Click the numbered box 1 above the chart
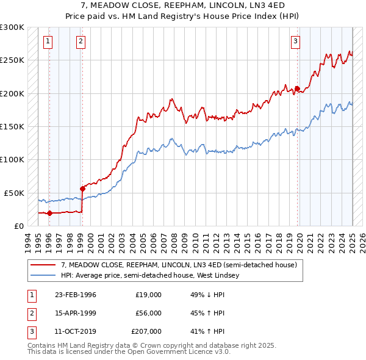click(x=48, y=41)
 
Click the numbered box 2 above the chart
click(x=81, y=41)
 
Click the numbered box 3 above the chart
click(x=295, y=41)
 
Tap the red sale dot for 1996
click(x=49, y=213)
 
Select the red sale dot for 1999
click(x=82, y=189)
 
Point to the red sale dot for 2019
click(x=297, y=89)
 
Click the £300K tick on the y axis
click(x=12, y=27)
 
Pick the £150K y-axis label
click(x=12, y=126)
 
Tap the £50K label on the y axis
click(x=14, y=193)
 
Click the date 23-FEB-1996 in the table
click(x=76, y=295)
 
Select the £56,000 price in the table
click(x=148, y=313)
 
